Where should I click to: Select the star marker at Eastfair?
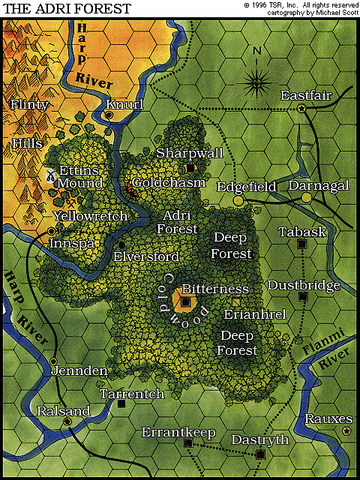(x=302, y=109)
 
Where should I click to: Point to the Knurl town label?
(x=124, y=104)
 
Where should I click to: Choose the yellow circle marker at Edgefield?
(x=238, y=200)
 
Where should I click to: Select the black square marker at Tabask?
(x=301, y=244)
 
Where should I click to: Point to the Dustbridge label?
(x=303, y=285)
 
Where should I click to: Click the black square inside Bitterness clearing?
(x=185, y=302)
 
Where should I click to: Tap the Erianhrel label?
(x=255, y=314)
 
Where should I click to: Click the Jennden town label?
(x=79, y=370)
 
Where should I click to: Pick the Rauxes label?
(x=327, y=418)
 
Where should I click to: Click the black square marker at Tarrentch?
(x=121, y=403)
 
